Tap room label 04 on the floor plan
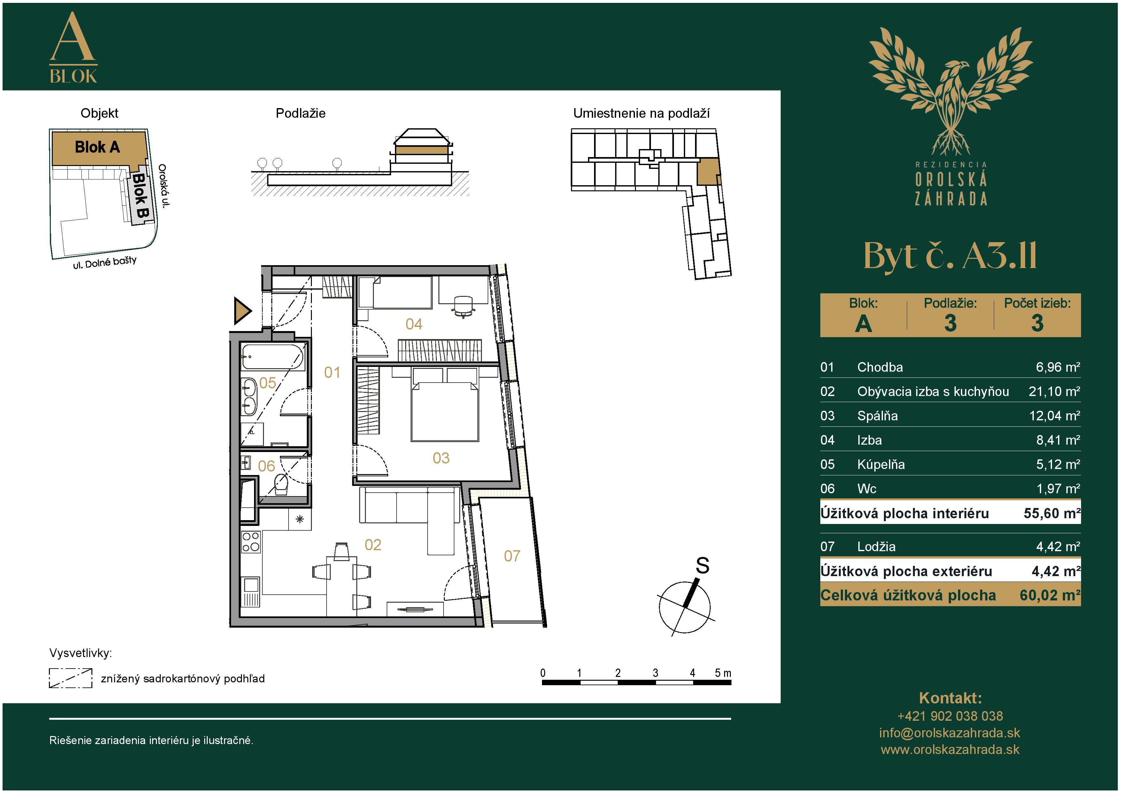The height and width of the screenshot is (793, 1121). tap(414, 324)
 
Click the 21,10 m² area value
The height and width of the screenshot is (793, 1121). tap(1054, 391)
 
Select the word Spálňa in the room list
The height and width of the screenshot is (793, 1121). tap(877, 416)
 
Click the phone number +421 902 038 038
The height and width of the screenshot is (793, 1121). tap(950, 716)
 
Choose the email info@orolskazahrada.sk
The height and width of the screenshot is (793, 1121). tap(950, 733)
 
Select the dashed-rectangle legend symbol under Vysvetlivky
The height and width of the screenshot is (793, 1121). tap(70, 678)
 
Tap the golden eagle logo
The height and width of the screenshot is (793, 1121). tap(950, 91)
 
